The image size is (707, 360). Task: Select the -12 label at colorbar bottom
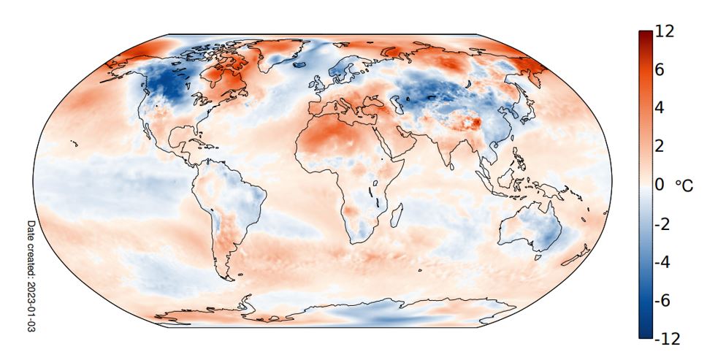(667, 339)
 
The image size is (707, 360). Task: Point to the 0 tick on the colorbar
(661, 185)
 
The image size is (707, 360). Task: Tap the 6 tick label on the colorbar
(660, 71)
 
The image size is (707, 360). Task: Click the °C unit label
(684, 186)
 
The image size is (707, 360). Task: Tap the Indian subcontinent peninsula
(447, 153)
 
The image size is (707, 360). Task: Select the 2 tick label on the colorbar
(660, 147)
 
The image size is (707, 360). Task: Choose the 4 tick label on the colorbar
(660, 108)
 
